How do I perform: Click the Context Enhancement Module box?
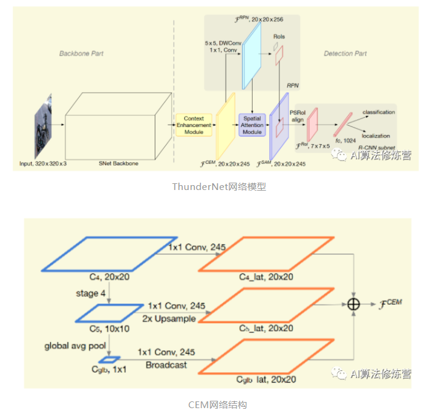pyautogui.click(x=193, y=125)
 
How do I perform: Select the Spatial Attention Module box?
pyautogui.click(x=253, y=125)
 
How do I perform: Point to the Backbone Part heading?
pyautogui.click(x=81, y=54)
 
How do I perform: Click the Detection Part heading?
pyautogui.click(x=345, y=54)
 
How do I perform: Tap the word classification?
pyautogui.click(x=379, y=112)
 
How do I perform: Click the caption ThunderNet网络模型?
pyautogui.click(x=218, y=188)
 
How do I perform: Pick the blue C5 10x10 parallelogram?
pyautogui.click(x=104, y=313)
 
